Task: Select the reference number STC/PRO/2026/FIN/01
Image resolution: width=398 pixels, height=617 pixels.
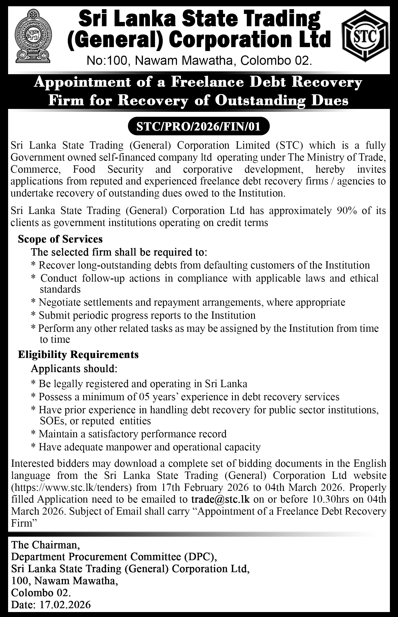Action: [198, 127]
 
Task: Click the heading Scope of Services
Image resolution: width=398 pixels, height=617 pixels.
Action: [60, 239]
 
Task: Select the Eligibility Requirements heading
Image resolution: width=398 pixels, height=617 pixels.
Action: [78, 354]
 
